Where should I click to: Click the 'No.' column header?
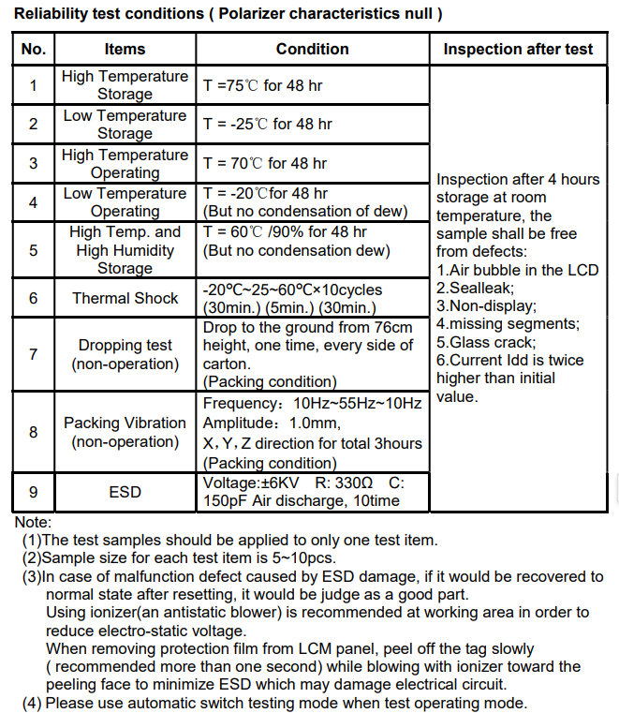pos(33,50)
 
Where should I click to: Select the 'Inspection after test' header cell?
pos(518,50)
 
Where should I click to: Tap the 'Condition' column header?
pos(312,50)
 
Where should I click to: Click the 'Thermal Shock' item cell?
pos(125,299)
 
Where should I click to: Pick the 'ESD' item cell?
pos(125,492)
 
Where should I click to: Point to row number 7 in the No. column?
pos(33,354)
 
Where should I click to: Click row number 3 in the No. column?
pos(33,163)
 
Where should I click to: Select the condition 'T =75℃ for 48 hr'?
pos(263,85)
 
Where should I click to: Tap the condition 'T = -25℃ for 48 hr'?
pos(267,124)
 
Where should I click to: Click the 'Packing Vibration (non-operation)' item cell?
pos(125,432)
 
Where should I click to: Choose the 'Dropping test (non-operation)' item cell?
pos(125,354)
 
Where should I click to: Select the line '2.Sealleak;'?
pos(475,289)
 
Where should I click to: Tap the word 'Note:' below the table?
pos(33,522)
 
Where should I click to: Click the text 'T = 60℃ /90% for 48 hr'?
pos(285,232)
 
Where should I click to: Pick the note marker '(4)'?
pos(34,703)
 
